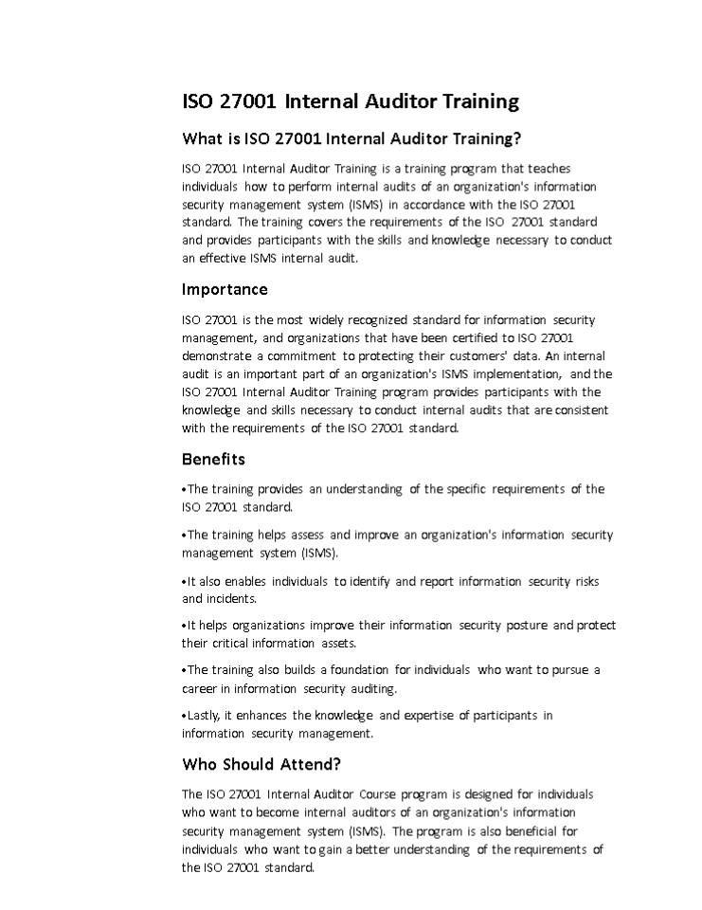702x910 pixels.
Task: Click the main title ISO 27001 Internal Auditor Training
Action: click(x=351, y=101)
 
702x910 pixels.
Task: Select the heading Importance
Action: click(x=225, y=289)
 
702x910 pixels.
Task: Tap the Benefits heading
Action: click(x=213, y=459)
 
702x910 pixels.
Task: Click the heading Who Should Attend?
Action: click(x=261, y=764)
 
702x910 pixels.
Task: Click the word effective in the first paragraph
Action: click(x=224, y=258)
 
